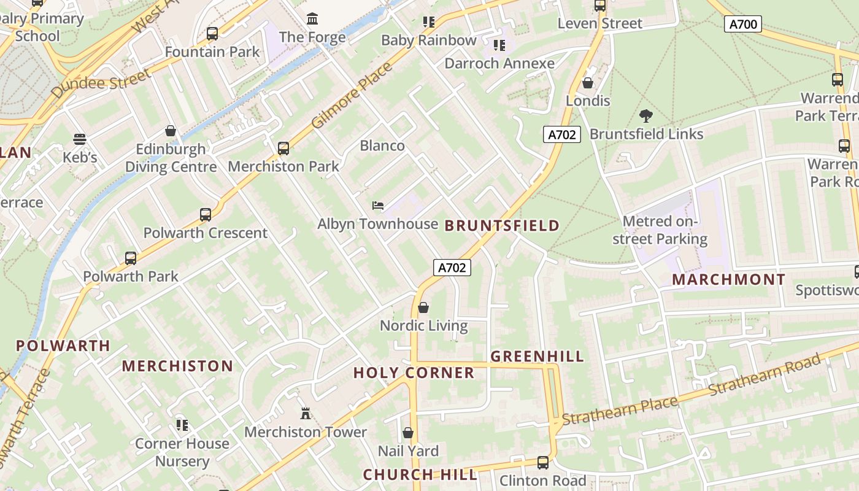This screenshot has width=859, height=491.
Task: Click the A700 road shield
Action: click(743, 24)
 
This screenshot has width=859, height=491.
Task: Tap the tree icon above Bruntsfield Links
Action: click(645, 115)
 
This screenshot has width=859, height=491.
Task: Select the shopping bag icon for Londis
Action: click(588, 82)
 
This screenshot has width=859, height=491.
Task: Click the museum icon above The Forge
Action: click(312, 18)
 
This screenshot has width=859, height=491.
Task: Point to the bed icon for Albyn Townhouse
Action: click(378, 205)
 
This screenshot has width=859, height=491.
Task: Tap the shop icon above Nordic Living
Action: click(423, 307)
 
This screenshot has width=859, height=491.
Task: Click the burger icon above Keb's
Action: click(80, 139)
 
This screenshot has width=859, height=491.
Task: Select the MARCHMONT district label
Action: click(728, 279)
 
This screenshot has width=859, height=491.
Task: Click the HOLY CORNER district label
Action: click(414, 373)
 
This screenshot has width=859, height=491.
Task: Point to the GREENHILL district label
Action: click(537, 356)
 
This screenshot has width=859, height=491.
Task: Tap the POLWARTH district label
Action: click(63, 346)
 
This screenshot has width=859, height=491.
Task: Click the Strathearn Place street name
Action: click(620, 410)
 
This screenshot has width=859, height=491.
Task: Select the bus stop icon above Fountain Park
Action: click(212, 34)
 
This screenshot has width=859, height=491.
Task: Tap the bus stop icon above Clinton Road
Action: click(543, 462)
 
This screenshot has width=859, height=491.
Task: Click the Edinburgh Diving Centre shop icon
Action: click(171, 131)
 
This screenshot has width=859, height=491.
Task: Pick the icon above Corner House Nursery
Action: click(182, 425)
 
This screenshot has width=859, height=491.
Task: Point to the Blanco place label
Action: click(382, 145)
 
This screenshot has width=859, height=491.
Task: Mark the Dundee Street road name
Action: click(101, 85)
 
